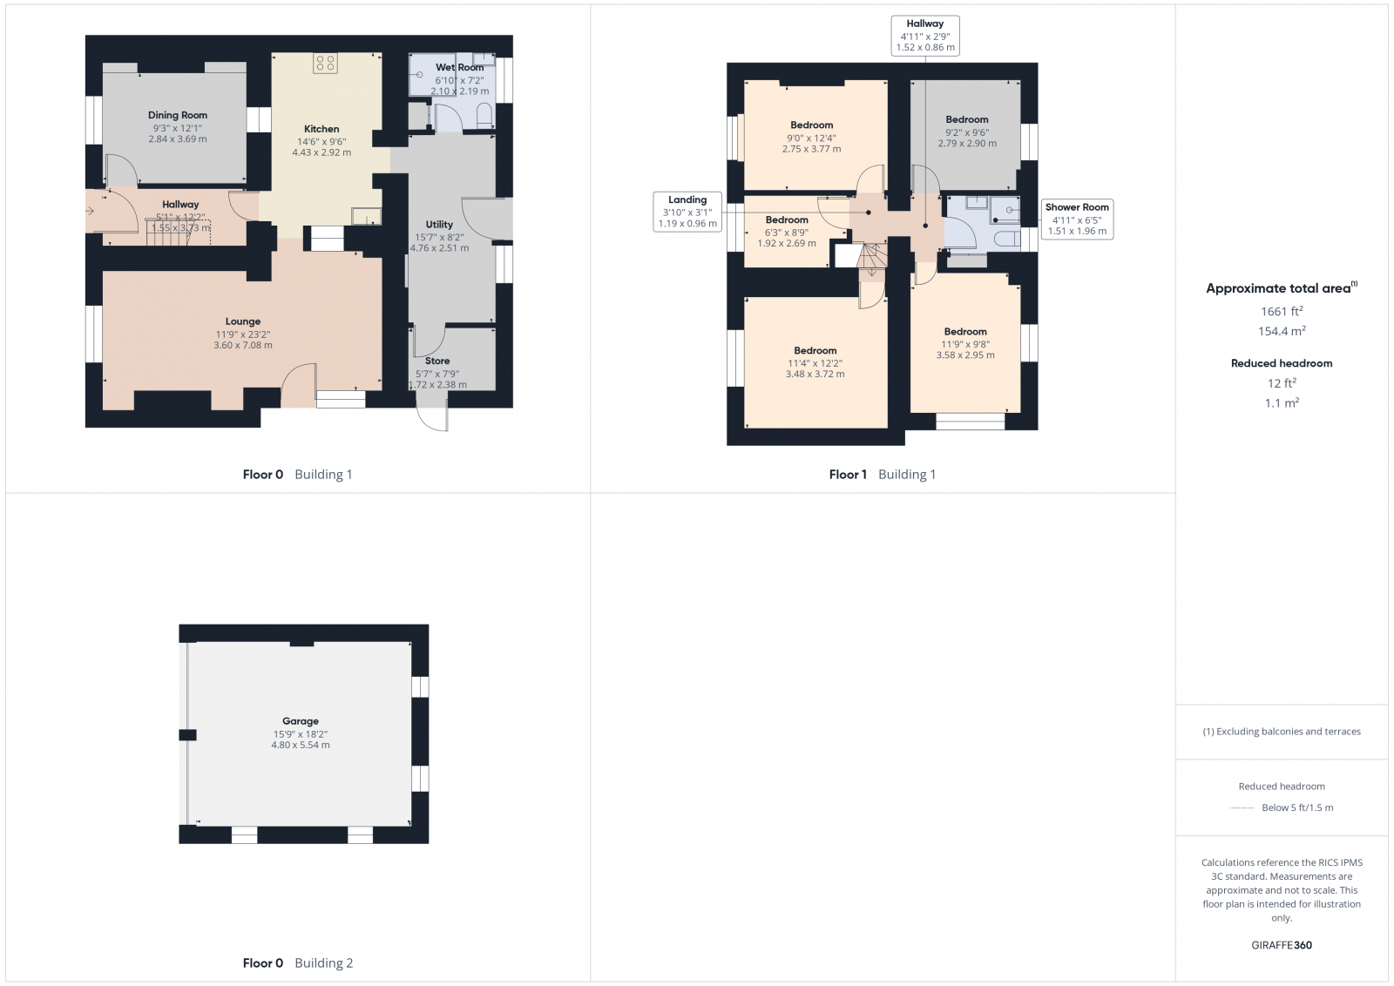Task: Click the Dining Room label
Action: pos(178,115)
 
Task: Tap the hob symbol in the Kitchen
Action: pos(325,63)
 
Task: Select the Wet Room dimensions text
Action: pos(459,85)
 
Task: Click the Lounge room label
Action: pos(243,321)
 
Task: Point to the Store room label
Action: pos(437,361)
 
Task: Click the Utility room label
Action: pos(439,225)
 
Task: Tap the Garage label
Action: pos(301,721)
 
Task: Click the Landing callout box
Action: pos(687,212)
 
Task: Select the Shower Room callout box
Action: pos(1077,219)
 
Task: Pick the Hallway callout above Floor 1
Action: pos(924,36)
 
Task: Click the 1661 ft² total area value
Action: pos(1282,311)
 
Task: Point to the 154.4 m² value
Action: pos(1282,331)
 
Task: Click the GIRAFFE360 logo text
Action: pos(1282,945)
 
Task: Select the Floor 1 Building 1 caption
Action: pos(882,475)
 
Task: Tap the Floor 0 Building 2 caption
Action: pos(297,963)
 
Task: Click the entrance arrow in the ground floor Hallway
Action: pos(90,210)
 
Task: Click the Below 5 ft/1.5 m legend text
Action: pos(1296,807)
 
